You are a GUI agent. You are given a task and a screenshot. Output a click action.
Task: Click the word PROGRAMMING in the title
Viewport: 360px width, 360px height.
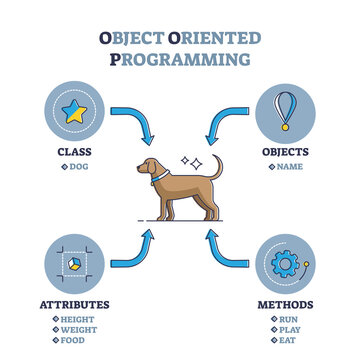(x=180, y=59)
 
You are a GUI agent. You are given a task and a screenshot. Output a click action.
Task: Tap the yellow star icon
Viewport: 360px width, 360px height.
(x=74, y=111)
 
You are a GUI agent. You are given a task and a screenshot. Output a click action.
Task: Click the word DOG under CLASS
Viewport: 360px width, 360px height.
(x=77, y=166)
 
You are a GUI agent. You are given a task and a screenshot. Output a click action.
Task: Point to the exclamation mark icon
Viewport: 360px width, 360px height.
(x=286, y=107)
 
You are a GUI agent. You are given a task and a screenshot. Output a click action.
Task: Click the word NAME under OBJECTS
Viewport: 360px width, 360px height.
(x=289, y=166)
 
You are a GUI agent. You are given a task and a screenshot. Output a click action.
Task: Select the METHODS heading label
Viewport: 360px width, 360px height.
(x=286, y=304)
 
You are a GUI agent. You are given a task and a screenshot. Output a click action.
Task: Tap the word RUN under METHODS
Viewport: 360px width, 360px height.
(x=288, y=317)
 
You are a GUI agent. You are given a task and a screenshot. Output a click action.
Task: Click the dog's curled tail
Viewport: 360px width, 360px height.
(x=217, y=168)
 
